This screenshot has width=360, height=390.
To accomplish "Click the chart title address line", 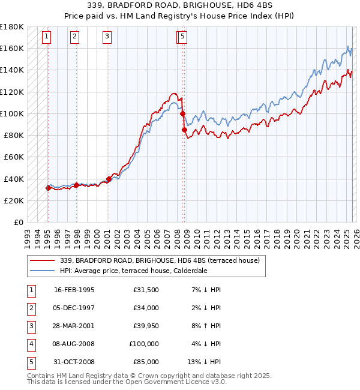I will click(x=180, y=5).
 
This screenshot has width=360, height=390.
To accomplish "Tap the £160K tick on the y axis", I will click(x=12, y=48).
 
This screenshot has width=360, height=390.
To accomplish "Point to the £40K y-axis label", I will click(x=14, y=179).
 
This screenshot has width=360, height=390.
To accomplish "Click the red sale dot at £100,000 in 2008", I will click(x=182, y=113).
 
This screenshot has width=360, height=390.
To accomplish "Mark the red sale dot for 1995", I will click(x=48, y=188).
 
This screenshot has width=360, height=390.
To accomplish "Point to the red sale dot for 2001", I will click(x=109, y=178).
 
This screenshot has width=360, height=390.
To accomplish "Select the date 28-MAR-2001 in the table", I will click(x=74, y=326).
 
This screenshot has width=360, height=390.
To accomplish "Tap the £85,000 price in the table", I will click(x=145, y=362).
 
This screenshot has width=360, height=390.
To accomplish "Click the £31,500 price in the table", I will click(x=145, y=290).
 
